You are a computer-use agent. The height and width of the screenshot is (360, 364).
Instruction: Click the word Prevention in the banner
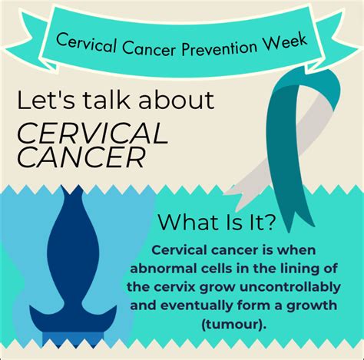(219, 48)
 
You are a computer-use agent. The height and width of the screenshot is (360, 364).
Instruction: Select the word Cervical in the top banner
(86, 44)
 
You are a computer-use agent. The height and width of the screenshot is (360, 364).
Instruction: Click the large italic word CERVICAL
(93, 133)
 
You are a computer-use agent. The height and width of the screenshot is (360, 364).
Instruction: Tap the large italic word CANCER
(81, 157)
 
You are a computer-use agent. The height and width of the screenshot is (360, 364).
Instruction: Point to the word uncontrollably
(290, 288)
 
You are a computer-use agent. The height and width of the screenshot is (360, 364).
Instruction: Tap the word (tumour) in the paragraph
(233, 325)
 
